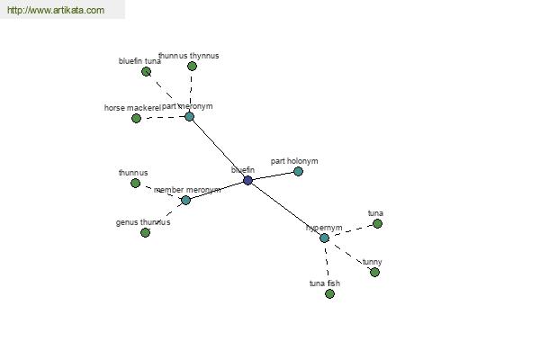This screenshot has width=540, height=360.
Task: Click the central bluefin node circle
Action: [x=247, y=181]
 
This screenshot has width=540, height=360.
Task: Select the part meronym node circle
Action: [x=189, y=116]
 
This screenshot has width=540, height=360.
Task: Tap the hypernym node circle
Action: [x=324, y=238]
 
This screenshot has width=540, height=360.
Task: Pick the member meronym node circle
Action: [x=185, y=200]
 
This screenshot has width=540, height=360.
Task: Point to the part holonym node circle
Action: [x=298, y=171]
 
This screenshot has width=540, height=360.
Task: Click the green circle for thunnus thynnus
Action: [x=192, y=66]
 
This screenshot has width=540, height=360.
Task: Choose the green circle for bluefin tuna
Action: [x=146, y=71]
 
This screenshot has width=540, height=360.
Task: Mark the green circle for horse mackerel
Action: [x=136, y=118]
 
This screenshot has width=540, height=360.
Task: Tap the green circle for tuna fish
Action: [x=329, y=293]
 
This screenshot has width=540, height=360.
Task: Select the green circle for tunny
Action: [x=374, y=272]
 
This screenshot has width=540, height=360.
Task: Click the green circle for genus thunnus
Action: [x=145, y=232]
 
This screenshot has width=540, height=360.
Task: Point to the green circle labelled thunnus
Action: [x=135, y=183]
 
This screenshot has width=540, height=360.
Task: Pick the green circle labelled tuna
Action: [x=377, y=223]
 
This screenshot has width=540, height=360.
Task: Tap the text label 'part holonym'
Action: [x=294, y=161]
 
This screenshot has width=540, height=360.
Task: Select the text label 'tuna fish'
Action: [x=325, y=283]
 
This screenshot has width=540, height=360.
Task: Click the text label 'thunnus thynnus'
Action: [x=188, y=56]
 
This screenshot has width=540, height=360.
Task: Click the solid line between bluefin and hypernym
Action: [x=286, y=210]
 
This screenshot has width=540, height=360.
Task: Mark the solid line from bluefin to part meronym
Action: [x=219, y=148]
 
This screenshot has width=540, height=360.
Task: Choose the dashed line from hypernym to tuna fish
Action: [x=327, y=265]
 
